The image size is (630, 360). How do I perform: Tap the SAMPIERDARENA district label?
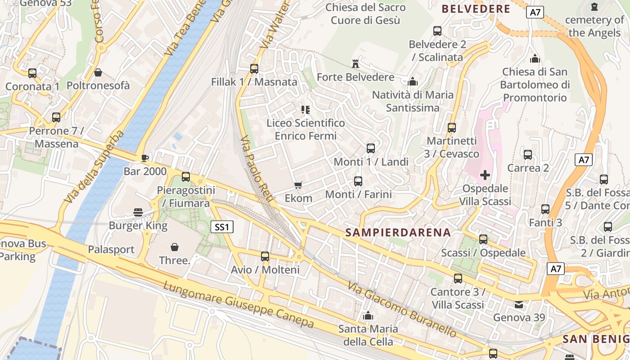coord(398,232)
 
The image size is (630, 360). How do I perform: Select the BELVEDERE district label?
coord(476,9)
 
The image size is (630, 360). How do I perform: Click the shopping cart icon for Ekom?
coord(298,185)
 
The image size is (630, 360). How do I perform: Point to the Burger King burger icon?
coord(138,212)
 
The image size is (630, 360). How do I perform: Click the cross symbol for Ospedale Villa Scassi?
coord(485,175)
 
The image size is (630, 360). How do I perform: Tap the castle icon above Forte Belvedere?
coord(355,64)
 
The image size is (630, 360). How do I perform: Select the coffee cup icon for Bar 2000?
coord(144,158)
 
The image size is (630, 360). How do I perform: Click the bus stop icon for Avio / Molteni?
coord(265,256)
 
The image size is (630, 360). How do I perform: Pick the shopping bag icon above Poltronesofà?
coord(98,72)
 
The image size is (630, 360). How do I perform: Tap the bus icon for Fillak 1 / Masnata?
coord(254,69)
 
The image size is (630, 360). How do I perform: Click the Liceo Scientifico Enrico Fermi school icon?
coord(306,109)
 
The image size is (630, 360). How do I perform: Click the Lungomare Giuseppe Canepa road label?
coord(238,305)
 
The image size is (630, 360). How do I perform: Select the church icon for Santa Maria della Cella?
coord(368,315)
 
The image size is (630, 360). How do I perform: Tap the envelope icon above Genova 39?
coord(519,305)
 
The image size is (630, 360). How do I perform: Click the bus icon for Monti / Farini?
coord(358,181)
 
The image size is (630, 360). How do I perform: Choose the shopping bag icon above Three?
coord(175,247)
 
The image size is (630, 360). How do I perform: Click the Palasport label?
coord(111,249)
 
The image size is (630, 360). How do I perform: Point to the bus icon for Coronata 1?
coord(32,73)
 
